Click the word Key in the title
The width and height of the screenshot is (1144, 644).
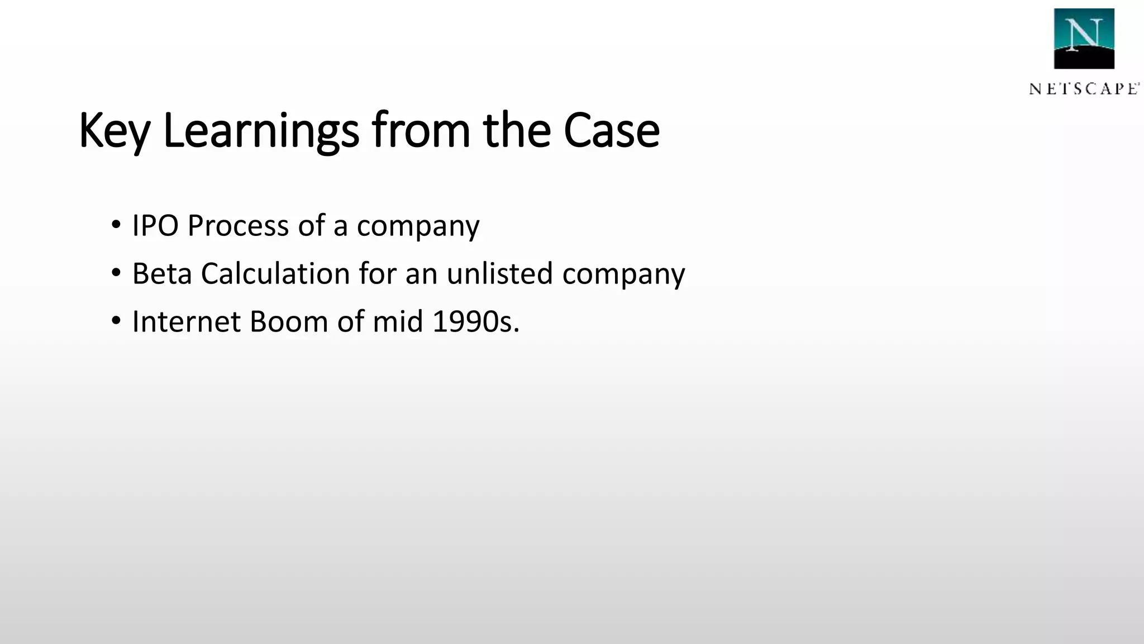[x=115, y=131]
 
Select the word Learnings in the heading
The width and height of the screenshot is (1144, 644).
[x=260, y=131]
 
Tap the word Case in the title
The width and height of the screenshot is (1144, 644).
[x=611, y=131]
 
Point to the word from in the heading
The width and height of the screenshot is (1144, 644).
[x=421, y=131]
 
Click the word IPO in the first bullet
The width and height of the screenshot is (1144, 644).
[x=155, y=226]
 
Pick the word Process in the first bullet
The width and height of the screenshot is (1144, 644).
[x=237, y=226]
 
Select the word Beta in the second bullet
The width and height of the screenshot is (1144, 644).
[x=161, y=274]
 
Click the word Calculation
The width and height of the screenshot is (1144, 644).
[x=275, y=274]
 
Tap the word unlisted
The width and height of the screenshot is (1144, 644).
[x=499, y=274]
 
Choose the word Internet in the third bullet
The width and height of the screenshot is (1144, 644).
[x=187, y=322]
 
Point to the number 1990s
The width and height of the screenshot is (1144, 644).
[x=475, y=322]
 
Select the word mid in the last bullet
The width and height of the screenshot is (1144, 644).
[x=398, y=322]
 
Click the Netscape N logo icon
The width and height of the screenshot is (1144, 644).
[x=1084, y=39]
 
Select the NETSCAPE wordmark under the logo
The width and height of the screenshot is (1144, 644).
[x=1084, y=89]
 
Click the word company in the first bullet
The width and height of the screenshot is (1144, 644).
[x=418, y=226]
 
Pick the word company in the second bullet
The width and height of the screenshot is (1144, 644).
[x=623, y=274]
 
